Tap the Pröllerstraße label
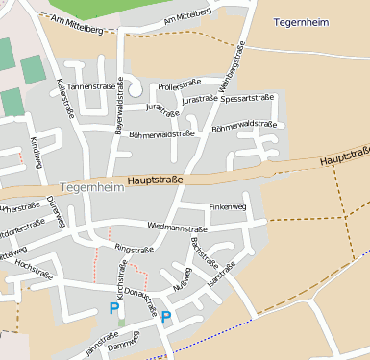click(x=179, y=86)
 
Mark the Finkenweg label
click(x=228, y=206)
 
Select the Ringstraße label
click(x=134, y=249)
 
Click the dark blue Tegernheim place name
click(x=303, y=21)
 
